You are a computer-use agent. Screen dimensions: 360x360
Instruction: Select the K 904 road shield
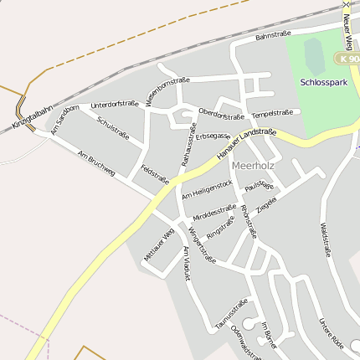[x=347, y=59]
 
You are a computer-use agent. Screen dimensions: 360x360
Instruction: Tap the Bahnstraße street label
[x=273, y=35]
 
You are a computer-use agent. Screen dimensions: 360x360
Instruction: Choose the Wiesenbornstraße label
[x=167, y=91]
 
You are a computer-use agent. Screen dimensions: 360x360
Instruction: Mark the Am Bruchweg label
[x=95, y=164]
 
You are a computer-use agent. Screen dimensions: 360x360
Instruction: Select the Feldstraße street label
[x=156, y=174]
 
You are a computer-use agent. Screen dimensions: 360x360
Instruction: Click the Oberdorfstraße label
[x=221, y=114]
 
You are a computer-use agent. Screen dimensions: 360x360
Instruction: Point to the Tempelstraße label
[x=272, y=112]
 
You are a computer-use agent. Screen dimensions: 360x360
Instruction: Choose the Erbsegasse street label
[x=213, y=135]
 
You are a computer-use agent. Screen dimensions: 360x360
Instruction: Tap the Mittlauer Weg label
[x=158, y=244]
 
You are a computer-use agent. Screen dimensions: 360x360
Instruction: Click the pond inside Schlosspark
[x=314, y=54]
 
